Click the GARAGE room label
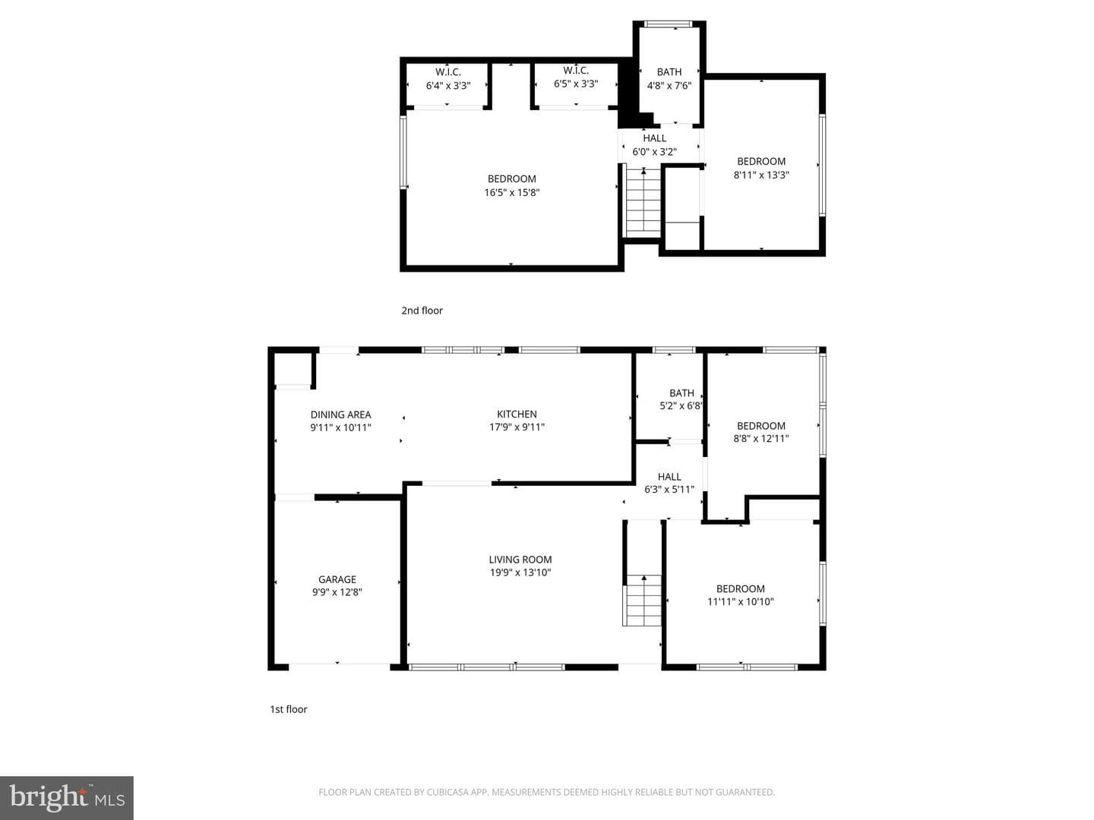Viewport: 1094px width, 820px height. [x=337, y=579]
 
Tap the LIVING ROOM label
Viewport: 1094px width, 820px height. [x=520, y=559]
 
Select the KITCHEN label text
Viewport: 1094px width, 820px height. [x=517, y=414]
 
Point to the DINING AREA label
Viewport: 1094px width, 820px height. [x=340, y=415]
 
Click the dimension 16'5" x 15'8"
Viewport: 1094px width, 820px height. [x=512, y=192]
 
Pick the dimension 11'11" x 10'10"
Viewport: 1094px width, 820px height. [x=740, y=601]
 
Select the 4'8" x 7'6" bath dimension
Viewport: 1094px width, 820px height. [x=669, y=85]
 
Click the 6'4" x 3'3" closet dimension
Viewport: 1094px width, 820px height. [x=448, y=85]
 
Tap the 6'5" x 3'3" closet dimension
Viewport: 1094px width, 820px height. [x=576, y=84]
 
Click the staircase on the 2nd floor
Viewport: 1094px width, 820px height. [x=643, y=201]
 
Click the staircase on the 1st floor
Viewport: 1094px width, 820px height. [x=643, y=600]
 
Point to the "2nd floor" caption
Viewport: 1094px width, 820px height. [x=422, y=311]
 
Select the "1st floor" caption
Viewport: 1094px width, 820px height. [x=288, y=709]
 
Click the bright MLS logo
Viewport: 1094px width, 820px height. [x=67, y=797]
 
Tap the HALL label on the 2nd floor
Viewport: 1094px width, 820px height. [x=654, y=138]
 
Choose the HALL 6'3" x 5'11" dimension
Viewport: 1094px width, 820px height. [x=669, y=489]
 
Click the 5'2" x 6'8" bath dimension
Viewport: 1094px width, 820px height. [x=681, y=405]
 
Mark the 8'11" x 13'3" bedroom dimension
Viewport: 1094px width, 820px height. [x=761, y=175]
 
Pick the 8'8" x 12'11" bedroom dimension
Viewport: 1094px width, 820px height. [x=761, y=438]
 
